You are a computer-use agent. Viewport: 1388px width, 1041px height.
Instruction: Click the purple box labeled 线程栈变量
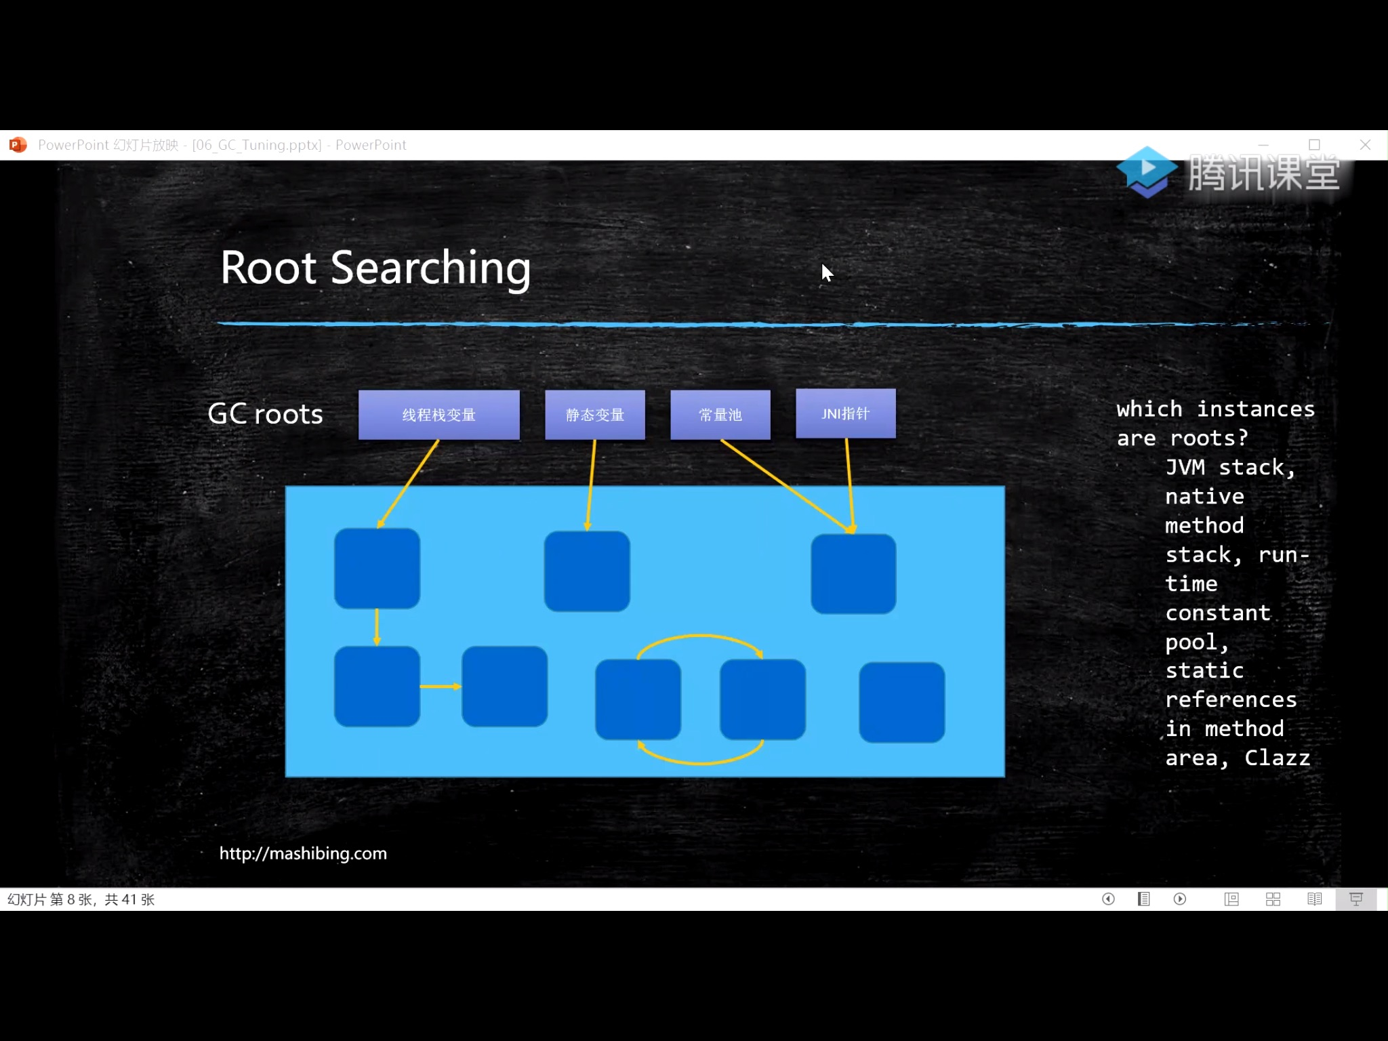438,415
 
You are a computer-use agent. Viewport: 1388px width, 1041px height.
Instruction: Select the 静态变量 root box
594,415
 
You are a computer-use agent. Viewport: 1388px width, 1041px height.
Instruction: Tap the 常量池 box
720,415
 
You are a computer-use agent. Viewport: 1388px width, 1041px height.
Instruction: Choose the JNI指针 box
845,413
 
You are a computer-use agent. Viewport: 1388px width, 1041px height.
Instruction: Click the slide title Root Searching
375,268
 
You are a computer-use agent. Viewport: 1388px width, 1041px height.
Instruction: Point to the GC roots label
265,414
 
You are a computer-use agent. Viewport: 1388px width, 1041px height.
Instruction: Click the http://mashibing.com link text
303,853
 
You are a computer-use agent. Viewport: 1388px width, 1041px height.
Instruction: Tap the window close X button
1365,145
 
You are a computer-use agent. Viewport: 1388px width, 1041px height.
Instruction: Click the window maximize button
1314,145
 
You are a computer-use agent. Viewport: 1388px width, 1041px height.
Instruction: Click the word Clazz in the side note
1277,758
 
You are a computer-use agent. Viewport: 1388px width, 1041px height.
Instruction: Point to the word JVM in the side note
1185,467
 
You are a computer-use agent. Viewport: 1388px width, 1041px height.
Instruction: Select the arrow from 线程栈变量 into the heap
408,483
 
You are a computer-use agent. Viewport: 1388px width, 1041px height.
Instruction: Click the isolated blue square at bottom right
901,702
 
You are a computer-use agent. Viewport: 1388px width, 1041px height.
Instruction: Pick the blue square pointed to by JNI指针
853,573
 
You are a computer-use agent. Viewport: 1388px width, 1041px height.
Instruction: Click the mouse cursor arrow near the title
826,272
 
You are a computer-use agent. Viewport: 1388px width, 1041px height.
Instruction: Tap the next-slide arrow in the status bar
1180,899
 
